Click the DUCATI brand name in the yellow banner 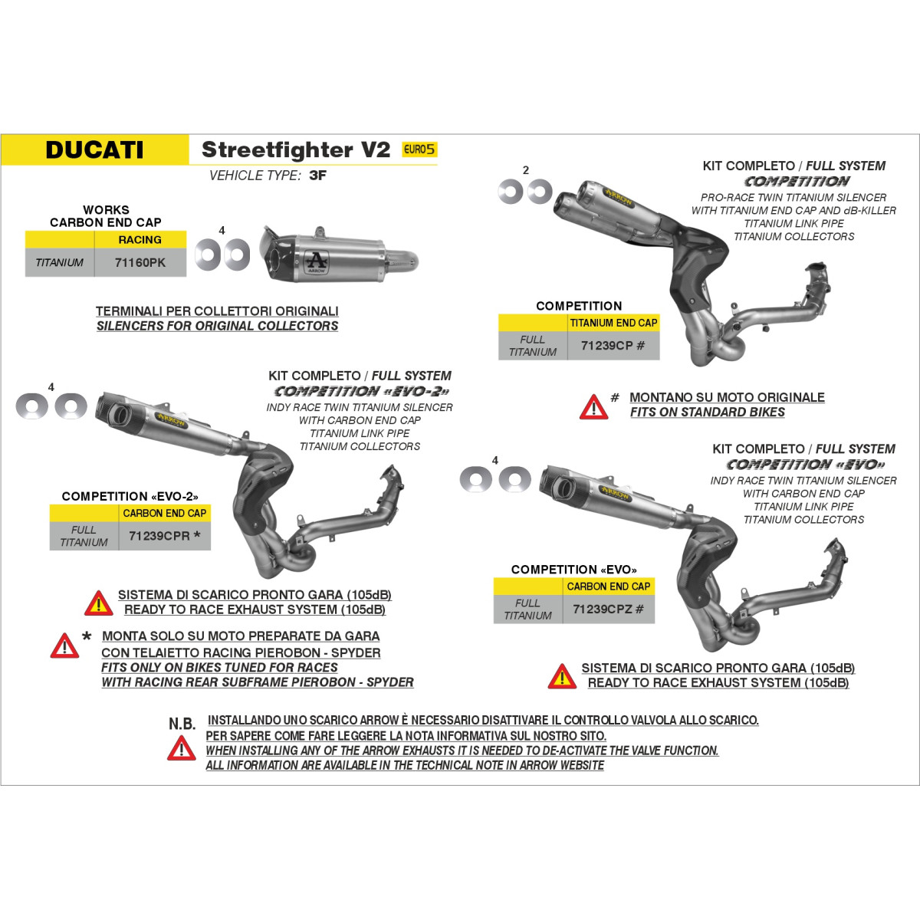click(x=94, y=150)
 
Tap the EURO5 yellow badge click(x=419, y=149)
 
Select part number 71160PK click(x=140, y=263)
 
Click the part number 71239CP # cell click(x=613, y=345)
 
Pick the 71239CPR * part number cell click(x=164, y=536)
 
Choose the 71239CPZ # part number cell click(x=608, y=609)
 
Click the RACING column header click(x=140, y=240)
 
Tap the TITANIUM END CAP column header click(x=613, y=324)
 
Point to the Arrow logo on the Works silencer click(x=316, y=261)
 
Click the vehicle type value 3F click(x=317, y=176)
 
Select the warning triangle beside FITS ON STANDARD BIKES click(x=593, y=407)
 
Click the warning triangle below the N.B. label click(x=182, y=748)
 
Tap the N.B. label click(x=182, y=724)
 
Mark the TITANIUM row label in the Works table click(x=59, y=263)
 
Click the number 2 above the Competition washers click(x=526, y=170)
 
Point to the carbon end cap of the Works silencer click(x=273, y=255)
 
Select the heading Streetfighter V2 click(x=296, y=149)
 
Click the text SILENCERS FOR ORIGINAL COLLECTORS click(x=217, y=326)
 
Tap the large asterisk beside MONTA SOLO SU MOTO click(x=87, y=636)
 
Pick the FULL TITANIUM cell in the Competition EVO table click(x=527, y=609)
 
